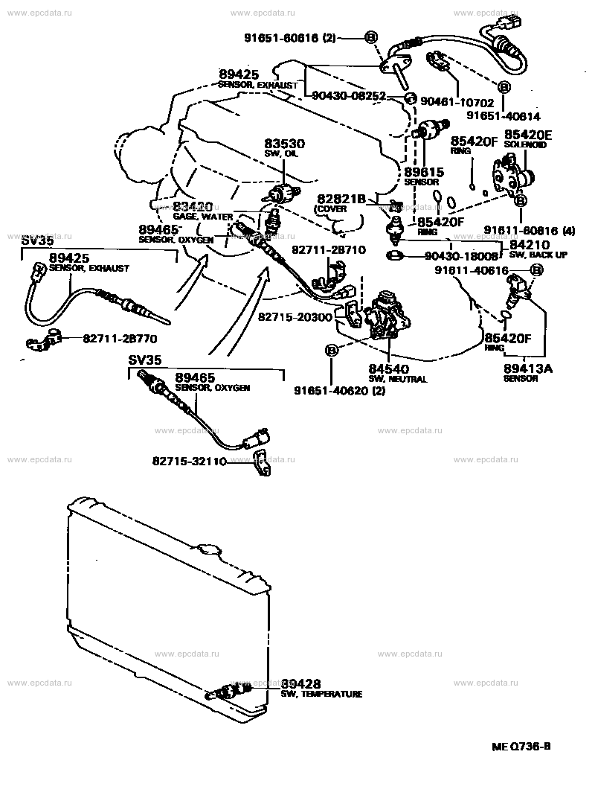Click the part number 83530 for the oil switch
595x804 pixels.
[281, 144]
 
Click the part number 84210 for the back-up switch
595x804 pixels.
[529, 244]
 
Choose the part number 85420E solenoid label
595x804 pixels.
[529, 135]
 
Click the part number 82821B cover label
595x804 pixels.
[341, 200]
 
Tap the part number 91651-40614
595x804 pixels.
[504, 117]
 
